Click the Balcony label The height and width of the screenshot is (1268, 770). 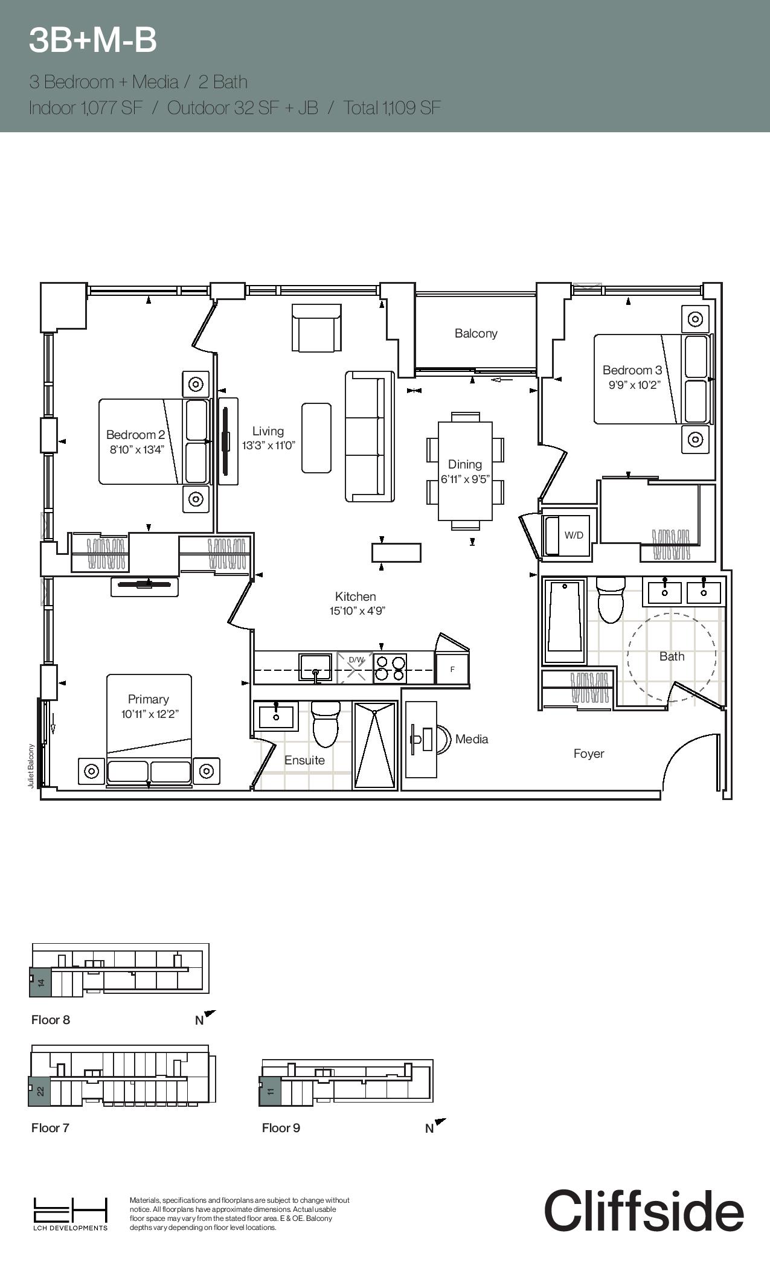click(476, 333)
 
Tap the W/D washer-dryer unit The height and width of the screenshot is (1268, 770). click(569, 534)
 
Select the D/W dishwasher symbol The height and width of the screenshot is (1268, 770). click(355, 668)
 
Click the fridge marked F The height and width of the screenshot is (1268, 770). click(452, 669)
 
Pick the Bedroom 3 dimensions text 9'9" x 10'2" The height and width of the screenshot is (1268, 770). click(634, 385)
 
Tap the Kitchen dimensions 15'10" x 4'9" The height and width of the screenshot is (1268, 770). click(357, 610)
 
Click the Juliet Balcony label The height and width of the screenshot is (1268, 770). click(31, 765)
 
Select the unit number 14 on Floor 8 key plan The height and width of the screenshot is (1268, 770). click(41, 982)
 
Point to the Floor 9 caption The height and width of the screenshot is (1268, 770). click(281, 1128)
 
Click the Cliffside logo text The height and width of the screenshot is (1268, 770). click(644, 1211)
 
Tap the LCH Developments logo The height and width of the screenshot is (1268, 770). click(71, 1214)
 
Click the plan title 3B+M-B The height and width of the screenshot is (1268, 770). click(93, 40)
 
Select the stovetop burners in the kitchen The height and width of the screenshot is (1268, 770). click(390, 668)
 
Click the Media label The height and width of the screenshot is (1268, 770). click(472, 739)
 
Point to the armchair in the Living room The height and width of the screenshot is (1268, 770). click(316, 327)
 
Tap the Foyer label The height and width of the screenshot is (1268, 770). click(589, 754)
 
